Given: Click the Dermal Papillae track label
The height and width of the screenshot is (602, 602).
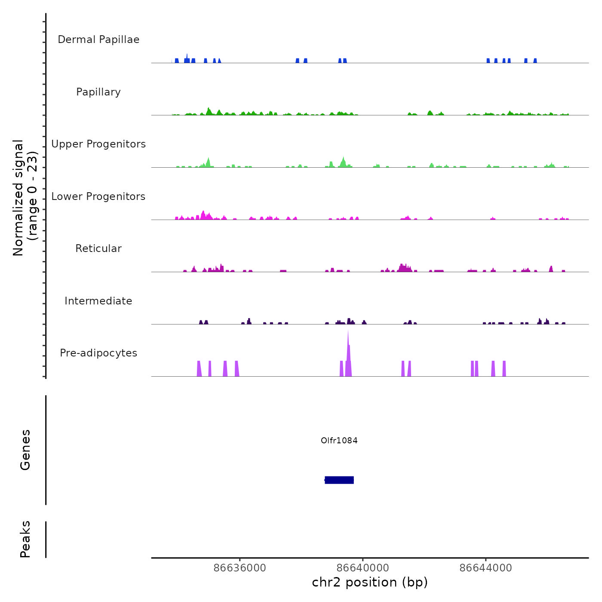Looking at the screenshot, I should click(98, 40).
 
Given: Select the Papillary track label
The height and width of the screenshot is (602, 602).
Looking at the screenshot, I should click(98, 92).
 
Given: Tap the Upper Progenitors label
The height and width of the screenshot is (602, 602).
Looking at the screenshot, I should click(98, 144).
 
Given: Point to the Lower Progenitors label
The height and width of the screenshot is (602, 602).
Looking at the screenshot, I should click(98, 197).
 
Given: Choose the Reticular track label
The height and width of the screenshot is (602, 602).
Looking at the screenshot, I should click(98, 249).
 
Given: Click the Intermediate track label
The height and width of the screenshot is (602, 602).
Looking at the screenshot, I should click(98, 301).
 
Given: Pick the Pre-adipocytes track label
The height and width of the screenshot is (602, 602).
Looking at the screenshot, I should click(98, 353).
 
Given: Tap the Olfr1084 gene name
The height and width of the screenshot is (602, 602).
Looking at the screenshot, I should click(339, 440).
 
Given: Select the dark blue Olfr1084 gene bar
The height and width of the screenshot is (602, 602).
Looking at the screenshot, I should click(339, 480).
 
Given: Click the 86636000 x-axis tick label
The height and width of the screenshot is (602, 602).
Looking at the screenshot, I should click(240, 568).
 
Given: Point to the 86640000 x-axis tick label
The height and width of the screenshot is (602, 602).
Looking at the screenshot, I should click(362, 568).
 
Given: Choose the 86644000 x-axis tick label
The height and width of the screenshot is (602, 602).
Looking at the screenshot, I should click(485, 568).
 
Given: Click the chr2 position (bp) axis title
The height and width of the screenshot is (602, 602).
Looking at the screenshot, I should click(370, 582).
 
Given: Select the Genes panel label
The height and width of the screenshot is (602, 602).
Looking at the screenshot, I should click(25, 450).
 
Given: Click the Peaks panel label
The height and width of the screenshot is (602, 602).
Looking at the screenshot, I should click(25, 539).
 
